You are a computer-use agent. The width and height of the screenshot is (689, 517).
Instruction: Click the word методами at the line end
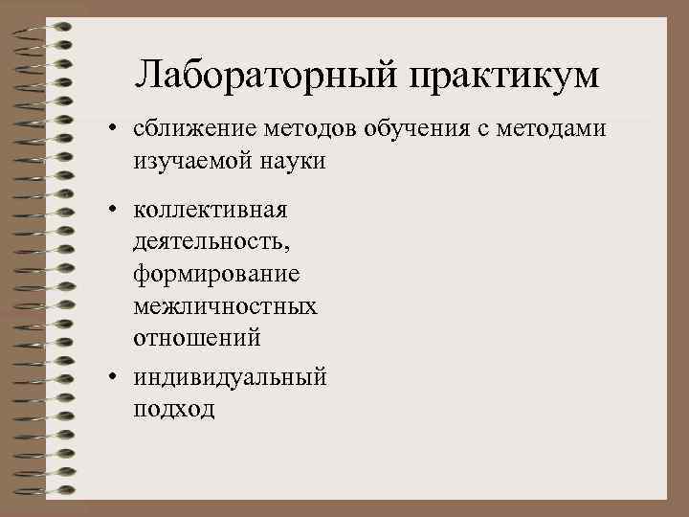[x=558, y=129]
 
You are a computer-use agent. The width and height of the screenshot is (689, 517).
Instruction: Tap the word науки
[x=291, y=162]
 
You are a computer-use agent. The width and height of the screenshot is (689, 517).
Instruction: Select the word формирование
[x=216, y=274]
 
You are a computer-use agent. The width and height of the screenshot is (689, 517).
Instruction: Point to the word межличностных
[x=226, y=306]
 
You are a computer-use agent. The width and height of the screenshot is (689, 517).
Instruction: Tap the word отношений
[x=196, y=339]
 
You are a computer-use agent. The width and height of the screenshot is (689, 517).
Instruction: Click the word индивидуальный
[x=230, y=377]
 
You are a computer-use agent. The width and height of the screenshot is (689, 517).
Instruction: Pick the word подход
[x=174, y=410]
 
